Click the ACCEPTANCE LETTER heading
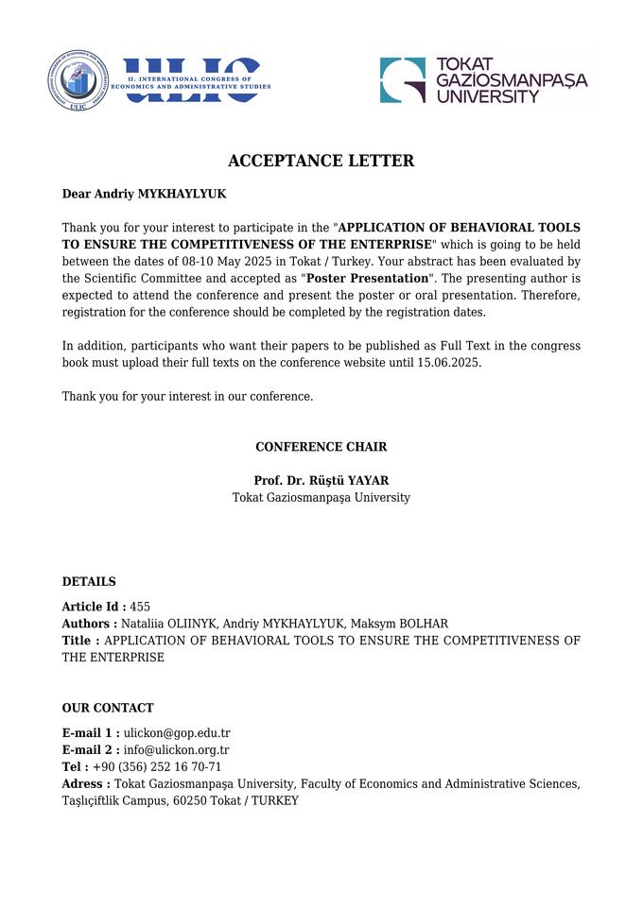[321, 161]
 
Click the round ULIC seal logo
[78, 80]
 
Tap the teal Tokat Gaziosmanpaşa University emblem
[403, 80]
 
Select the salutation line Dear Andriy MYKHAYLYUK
[144, 194]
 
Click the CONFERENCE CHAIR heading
[321, 447]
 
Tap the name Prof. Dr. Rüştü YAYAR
[321, 480]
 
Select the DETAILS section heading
[89, 581]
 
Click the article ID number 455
[140, 607]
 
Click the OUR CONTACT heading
[108, 708]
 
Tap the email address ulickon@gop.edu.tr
[177, 732]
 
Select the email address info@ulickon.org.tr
[177, 750]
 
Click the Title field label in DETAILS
[81, 641]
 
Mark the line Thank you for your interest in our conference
[187, 397]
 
